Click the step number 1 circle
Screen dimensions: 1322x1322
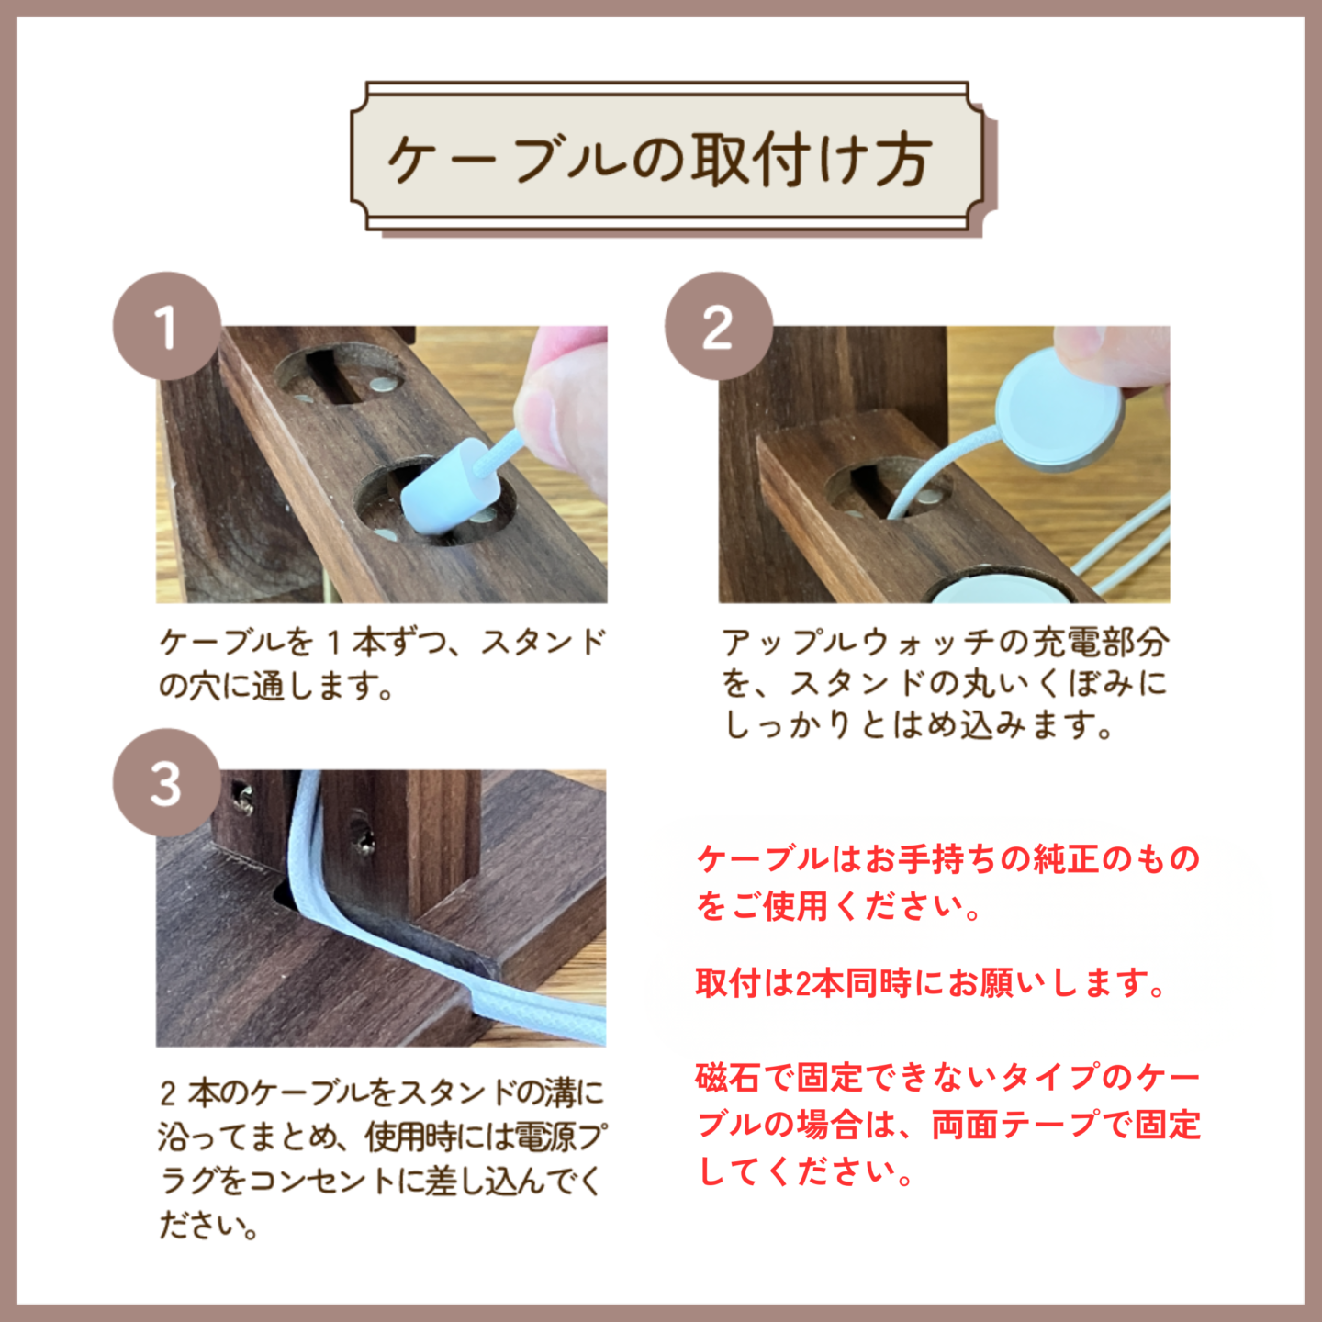click(x=167, y=327)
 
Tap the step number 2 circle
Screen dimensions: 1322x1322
click(x=718, y=327)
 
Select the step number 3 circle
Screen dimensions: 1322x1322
click(x=167, y=783)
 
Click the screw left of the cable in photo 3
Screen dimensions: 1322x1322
click(x=243, y=798)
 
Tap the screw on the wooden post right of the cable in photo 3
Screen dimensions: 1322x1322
click(x=363, y=837)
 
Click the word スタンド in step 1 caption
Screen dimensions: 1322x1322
click(x=544, y=643)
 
